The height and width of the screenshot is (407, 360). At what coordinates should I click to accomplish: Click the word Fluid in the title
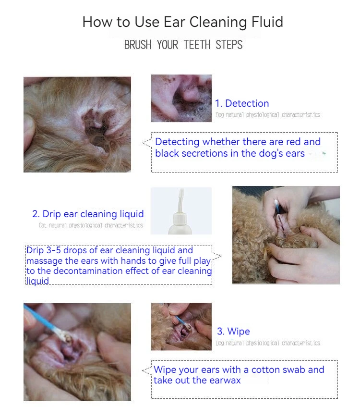click(267, 22)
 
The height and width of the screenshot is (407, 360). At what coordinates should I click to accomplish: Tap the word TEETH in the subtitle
click(197, 45)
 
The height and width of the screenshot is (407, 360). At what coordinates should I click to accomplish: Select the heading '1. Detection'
click(242, 103)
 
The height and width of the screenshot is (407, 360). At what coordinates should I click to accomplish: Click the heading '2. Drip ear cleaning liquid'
click(88, 214)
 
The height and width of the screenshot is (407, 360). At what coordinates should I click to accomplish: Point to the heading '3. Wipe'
click(233, 332)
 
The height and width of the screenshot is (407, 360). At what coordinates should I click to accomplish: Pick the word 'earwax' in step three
click(225, 380)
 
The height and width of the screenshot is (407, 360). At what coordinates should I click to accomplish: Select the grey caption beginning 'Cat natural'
click(91, 225)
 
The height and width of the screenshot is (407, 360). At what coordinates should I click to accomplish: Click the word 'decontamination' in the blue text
click(88, 271)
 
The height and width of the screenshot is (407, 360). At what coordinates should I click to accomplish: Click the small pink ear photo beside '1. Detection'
click(181, 99)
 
